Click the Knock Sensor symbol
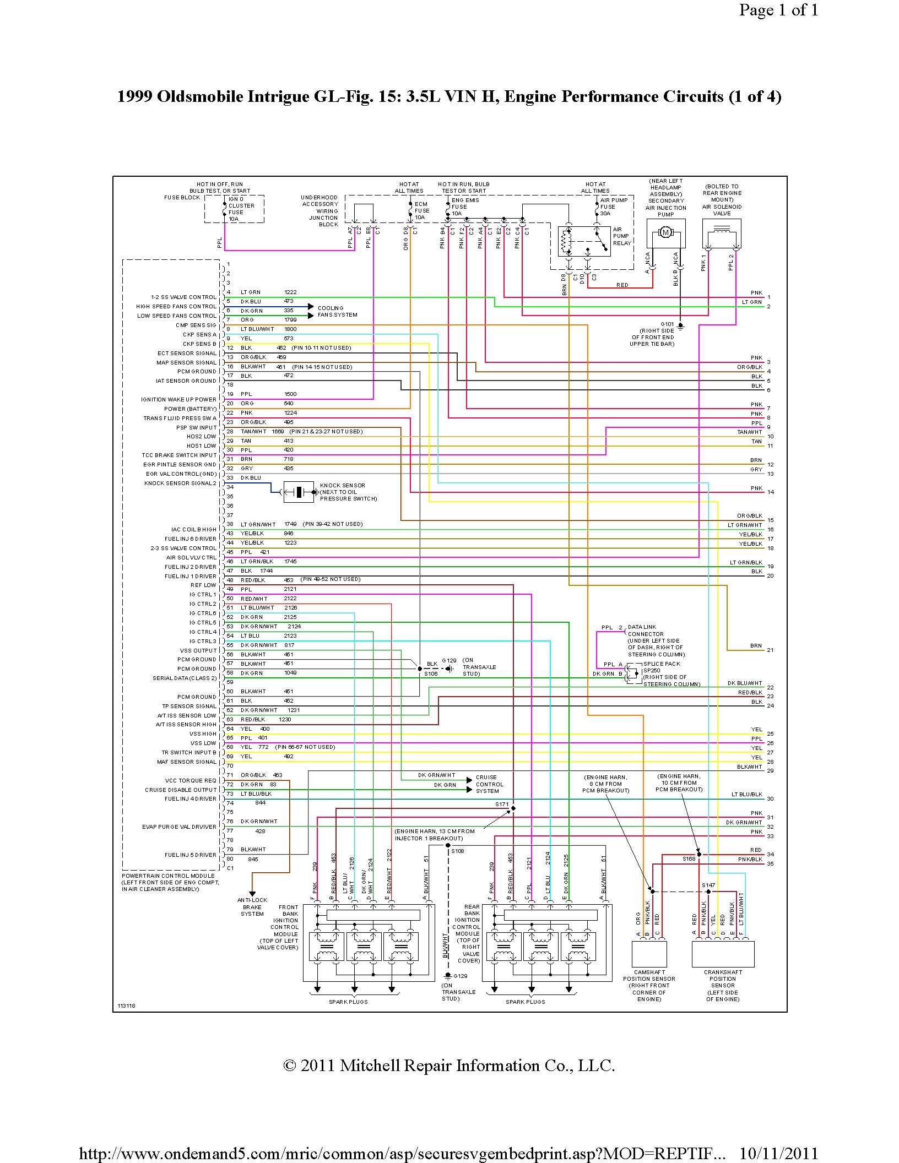point(298,492)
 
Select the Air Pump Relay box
point(584,241)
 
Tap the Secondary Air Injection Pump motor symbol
point(665,232)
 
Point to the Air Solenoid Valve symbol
point(722,235)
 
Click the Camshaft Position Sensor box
point(649,954)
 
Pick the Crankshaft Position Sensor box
point(723,954)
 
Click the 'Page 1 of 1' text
point(778,10)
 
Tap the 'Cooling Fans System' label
point(337,312)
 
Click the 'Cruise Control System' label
point(489,784)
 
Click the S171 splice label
point(501,805)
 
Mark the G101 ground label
point(667,324)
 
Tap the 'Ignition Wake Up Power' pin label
point(178,400)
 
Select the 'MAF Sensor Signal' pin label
point(187,762)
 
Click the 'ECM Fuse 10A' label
point(421,210)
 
